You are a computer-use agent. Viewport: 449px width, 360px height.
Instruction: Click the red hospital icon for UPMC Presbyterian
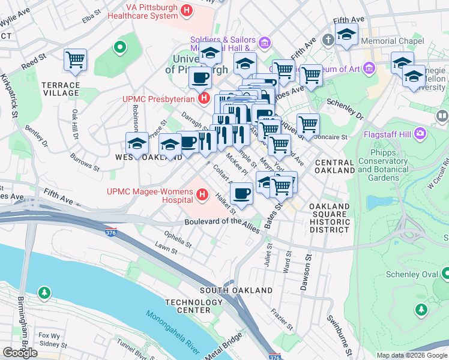(x=204, y=98)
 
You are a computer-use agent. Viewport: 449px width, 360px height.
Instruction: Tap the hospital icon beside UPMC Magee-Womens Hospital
(x=202, y=194)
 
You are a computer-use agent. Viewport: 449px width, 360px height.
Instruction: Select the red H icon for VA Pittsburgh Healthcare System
(x=187, y=10)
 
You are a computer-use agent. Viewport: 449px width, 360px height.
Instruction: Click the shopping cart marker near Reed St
(x=76, y=59)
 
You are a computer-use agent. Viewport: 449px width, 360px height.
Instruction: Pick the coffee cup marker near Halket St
(x=241, y=193)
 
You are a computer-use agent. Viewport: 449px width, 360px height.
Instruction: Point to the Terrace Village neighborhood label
(x=61, y=89)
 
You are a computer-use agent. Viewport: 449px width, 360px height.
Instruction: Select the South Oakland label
(x=236, y=290)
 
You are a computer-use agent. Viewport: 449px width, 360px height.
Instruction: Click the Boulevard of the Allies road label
(x=222, y=221)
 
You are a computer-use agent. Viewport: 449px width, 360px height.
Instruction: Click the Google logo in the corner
(x=20, y=353)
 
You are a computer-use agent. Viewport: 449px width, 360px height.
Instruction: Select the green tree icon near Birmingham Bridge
(x=43, y=293)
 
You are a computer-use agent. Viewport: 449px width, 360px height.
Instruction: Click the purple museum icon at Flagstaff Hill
(x=419, y=131)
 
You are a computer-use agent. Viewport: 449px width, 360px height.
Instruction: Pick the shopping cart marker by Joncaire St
(x=308, y=125)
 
